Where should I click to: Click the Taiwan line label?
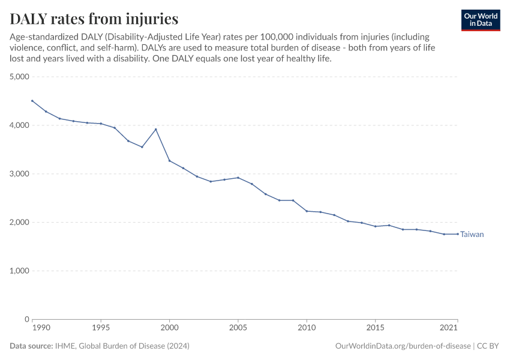coord(472,235)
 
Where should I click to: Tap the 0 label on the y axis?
coord(27,319)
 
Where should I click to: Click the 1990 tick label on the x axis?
coord(41,328)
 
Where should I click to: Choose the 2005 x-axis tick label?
coord(238,328)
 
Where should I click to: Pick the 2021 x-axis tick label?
coord(449,328)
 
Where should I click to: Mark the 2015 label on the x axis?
coord(375,328)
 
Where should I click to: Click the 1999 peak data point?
coord(156,130)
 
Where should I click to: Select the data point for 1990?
coord(32,101)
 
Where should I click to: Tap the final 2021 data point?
coord(457,234)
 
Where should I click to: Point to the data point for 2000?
coord(169,161)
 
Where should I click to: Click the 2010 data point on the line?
coord(307,211)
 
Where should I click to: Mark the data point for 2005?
coord(238,178)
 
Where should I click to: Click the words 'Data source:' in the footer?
coord(31,346)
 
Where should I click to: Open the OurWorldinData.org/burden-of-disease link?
coord(402,346)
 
